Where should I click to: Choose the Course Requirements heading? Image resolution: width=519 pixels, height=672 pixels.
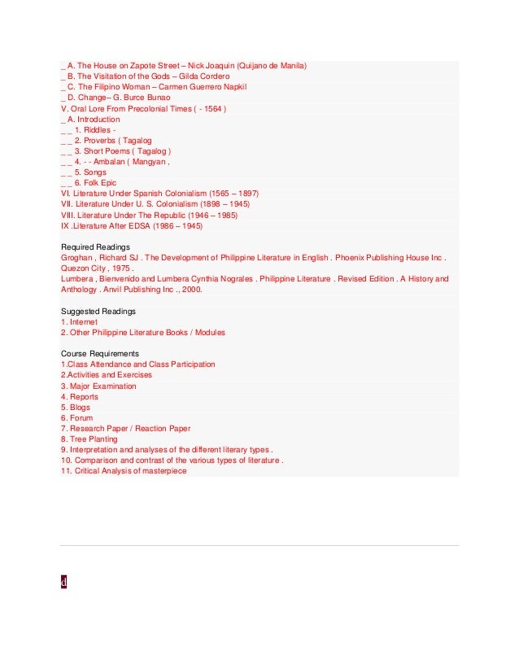pos(100,354)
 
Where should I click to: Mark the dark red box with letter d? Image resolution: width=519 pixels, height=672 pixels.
pos(63,582)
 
